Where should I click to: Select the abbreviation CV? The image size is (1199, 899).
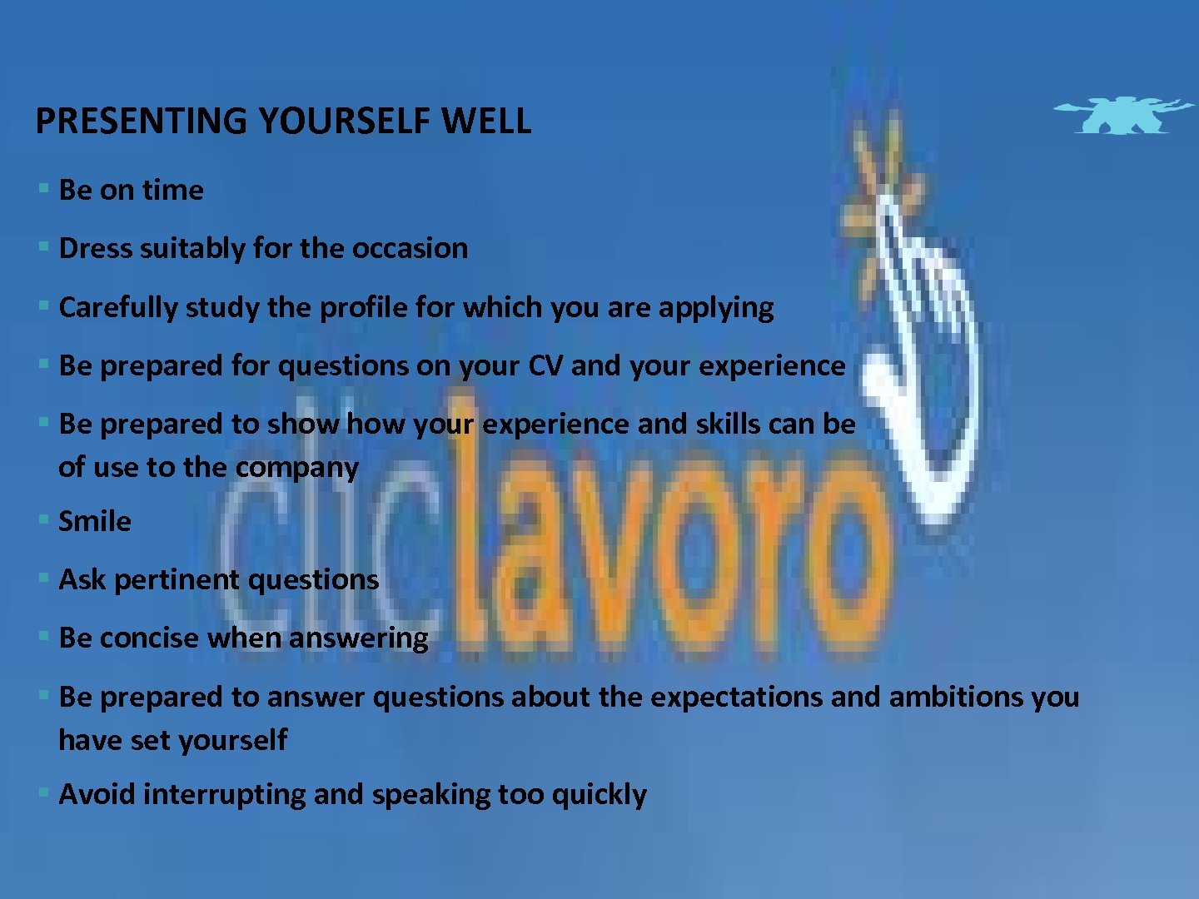pyautogui.click(x=545, y=365)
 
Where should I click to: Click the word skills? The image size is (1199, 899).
pyautogui.click(x=728, y=424)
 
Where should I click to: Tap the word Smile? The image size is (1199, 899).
pyautogui.click(x=95, y=521)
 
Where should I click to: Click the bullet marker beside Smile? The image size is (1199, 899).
pyautogui.click(x=43, y=520)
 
